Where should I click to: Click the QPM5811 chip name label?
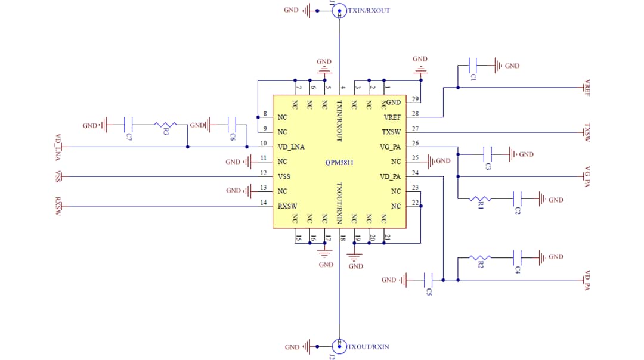tap(340, 162)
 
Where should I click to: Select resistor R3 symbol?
tap(165, 125)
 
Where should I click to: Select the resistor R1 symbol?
tap(480, 198)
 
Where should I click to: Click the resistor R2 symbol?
tap(480, 257)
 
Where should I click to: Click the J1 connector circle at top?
tap(339, 10)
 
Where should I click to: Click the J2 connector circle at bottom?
tap(339, 346)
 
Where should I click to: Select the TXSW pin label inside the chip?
tap(391, 132)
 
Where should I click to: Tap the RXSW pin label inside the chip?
tap(287, 206)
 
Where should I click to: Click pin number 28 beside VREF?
tap(416, 113)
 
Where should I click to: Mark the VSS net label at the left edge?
tap(58, 176)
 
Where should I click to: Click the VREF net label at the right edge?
tap(587, 88)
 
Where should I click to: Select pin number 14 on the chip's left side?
tap(264, 202)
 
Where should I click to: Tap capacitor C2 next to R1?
tap(517, 198)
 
